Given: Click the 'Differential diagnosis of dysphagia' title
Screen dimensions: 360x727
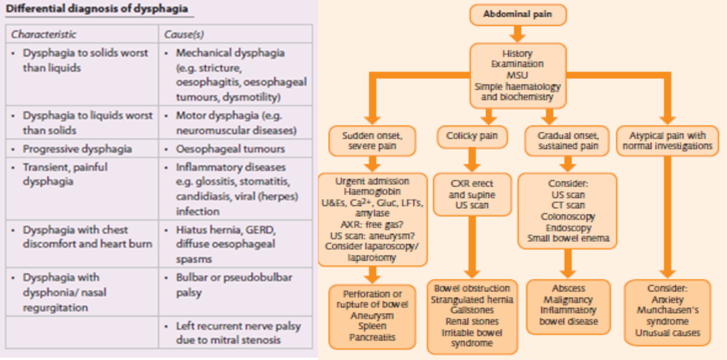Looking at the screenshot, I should pos(97,9).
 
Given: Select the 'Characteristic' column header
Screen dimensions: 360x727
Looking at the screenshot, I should pos(43,34).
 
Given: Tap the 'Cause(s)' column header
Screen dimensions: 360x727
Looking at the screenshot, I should pos(184,34).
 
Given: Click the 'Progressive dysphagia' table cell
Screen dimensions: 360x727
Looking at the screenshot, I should pos(77,149).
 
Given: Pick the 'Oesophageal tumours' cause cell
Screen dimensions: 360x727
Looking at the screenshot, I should pos(230,149).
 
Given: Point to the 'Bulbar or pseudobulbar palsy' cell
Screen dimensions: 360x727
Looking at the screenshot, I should pos(234,285).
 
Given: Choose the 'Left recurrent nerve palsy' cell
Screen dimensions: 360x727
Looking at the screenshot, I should pos(238,333).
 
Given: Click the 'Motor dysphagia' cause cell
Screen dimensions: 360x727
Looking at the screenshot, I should pos(236,123).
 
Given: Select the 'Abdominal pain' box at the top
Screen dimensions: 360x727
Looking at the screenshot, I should pos(518,14).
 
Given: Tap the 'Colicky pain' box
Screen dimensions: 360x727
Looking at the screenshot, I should pos(472,136).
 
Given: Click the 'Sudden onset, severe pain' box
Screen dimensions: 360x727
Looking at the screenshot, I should pos(372,141).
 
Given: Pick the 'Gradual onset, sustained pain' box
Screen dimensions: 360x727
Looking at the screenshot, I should pos(568,141).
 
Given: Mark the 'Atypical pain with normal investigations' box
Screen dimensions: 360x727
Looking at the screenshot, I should pos(667,141).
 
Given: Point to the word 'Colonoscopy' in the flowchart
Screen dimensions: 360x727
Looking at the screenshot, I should pos(568,217).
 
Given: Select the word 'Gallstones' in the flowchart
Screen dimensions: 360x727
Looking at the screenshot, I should pos(472,310).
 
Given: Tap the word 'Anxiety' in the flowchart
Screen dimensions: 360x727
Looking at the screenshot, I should pos(667,300).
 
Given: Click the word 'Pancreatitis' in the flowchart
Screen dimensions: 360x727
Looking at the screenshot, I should pos(372,337).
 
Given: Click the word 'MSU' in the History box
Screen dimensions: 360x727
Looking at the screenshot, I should pos(517,75).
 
